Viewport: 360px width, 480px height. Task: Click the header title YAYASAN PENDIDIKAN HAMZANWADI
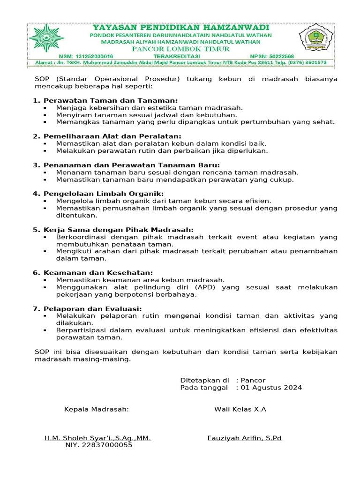(x=180, y=28)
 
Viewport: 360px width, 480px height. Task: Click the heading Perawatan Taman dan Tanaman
(x=111, y=101)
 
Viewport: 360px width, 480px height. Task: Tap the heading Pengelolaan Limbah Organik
(x=104, y=194)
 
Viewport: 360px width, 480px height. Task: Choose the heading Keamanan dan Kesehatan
(x=98, y=273)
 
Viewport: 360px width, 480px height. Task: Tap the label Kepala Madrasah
(x=96, y=409)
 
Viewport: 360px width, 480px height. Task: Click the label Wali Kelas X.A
(x=240, y=409)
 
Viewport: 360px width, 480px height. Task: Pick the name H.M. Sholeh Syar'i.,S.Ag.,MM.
(x=97, y=438)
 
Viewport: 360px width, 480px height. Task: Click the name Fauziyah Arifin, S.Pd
(x=244, y=438)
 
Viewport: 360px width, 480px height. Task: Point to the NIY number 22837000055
(x=98, y=445)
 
